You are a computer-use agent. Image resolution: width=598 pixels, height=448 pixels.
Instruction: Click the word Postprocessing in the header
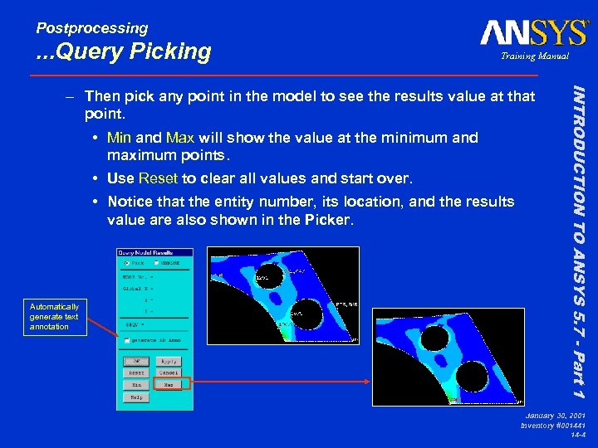(91, 28)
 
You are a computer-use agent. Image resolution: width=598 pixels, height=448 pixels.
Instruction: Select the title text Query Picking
(124, 51)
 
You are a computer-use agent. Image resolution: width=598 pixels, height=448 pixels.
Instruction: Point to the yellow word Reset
(158, 178)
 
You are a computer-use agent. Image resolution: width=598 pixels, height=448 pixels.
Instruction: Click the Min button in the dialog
(135, 385)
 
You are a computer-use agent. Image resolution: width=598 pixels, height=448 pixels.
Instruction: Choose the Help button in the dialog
(135, 397)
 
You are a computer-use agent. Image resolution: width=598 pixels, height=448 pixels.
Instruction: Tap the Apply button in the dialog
(169, 362)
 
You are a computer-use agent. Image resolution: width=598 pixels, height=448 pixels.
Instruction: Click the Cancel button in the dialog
(169, 373)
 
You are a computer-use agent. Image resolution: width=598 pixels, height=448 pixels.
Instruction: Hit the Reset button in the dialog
(135, 373)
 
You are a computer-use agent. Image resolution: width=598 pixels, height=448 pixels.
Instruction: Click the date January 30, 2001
(554, 414)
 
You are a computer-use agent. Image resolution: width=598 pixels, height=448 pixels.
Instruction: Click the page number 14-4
(576, 434)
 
